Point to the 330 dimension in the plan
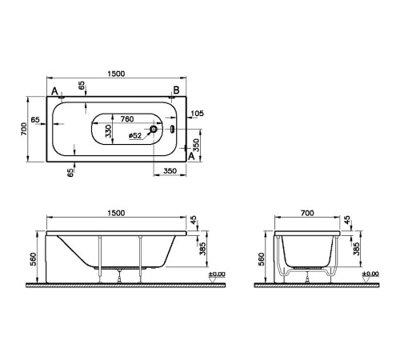(110, 131)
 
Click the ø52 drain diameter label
(135, 135)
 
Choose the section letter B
(175, 91)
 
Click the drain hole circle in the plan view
(154, 127)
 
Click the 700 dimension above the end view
(307, 213)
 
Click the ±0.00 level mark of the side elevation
(216, 275)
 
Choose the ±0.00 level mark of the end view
(370, 275)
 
